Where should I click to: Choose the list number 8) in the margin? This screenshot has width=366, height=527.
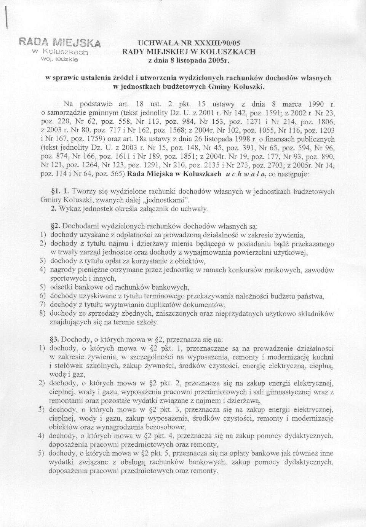43,313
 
